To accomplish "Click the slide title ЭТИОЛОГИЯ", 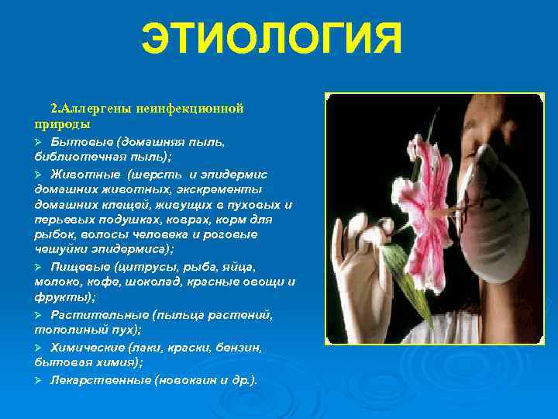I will [272, 40].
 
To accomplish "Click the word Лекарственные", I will [100, 380].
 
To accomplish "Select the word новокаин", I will [186, 380].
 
